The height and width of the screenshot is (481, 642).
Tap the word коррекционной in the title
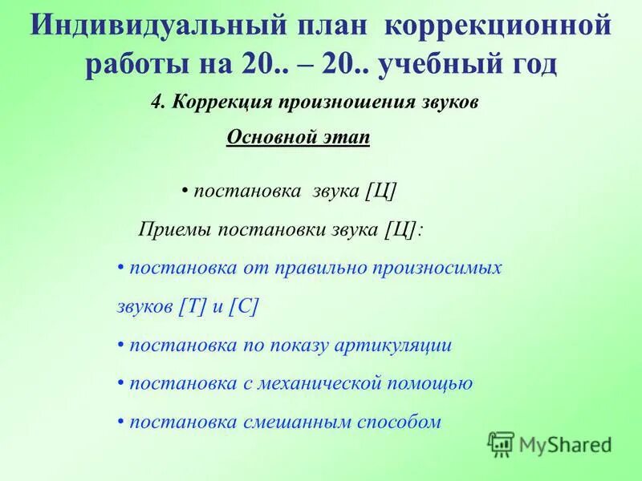(498, 27)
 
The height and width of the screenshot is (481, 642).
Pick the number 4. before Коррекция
(158, 105)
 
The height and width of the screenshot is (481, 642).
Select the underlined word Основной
(269, 137)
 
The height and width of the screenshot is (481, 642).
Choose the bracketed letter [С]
(244, 307)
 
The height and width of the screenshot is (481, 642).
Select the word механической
(320, 384)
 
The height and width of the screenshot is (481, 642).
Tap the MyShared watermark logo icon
(501, 443)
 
